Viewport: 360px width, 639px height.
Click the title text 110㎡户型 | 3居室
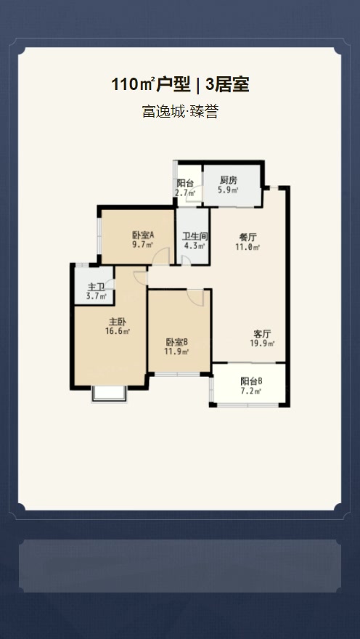click(x=180, y=85)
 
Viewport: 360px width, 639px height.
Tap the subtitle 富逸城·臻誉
click(x=180, y=113)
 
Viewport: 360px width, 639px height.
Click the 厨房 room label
click(x=229, y=181)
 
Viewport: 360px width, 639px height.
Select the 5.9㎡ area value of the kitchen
click(x=229, y=191)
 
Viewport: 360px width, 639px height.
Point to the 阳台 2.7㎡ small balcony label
click(x=185, y=188)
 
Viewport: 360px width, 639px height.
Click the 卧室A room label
click(x=143, y=235)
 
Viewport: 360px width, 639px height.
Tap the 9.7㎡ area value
click(x=142, y=245)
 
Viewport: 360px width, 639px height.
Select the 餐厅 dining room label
click(x=248, y=237)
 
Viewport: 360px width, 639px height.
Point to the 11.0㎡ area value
click(x=248, y=247)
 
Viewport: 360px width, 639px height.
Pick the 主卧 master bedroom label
click(x=118, y=322)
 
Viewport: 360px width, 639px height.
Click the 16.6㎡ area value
click(x=118, y=332)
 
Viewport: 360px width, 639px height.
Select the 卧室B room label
click(x=177, y=342)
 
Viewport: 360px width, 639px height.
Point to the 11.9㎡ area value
click(x=177, y=352)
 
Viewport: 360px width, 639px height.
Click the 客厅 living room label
click(x=263, y=333)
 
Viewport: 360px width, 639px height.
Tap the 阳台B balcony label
click(x=251, y=381)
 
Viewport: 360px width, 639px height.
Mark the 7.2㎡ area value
click(x=251, y=391)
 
